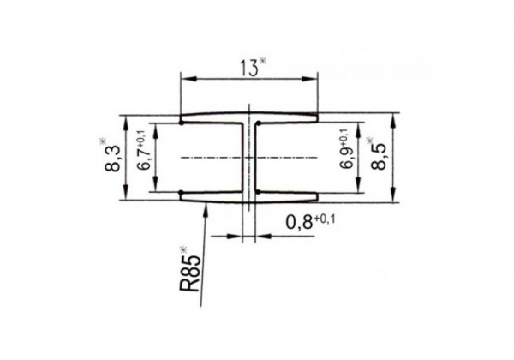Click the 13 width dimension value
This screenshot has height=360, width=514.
249,68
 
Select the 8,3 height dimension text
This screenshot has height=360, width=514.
113,159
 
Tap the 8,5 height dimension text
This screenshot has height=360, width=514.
379,157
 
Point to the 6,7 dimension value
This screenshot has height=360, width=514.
144,158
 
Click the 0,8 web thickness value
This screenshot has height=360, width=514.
299,223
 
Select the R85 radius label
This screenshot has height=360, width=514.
189,273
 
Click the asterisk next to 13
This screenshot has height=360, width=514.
263,61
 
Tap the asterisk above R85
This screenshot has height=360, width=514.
183,249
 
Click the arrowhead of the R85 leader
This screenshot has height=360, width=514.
206,208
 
